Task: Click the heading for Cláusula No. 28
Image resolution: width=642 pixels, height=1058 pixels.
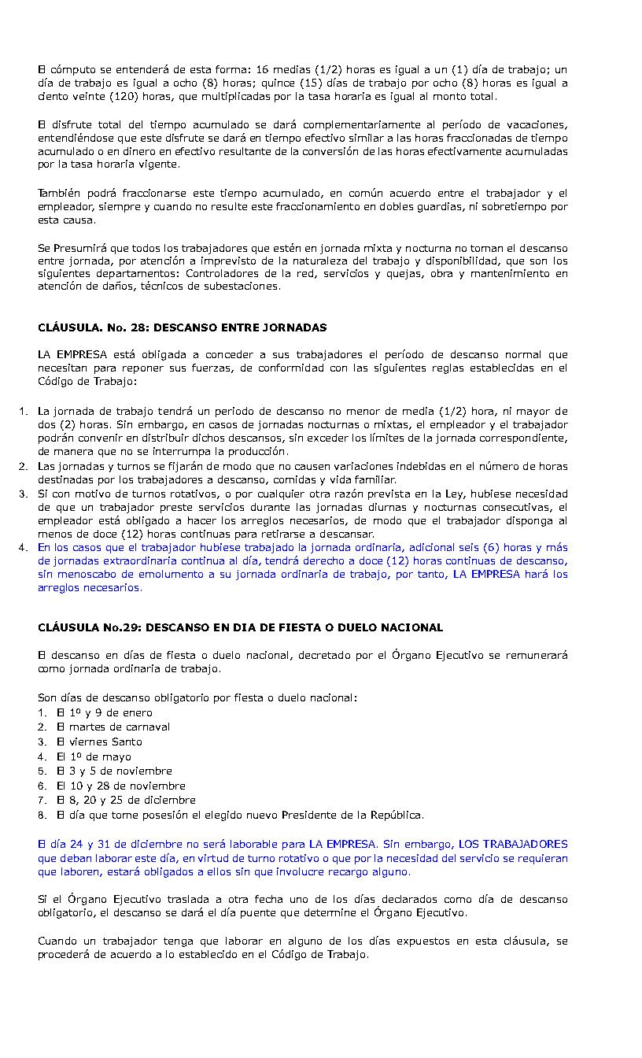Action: click(182, 327)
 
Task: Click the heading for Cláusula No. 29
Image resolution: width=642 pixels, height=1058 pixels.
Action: click(240, 627)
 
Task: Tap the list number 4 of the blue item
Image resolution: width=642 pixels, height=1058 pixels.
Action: click(23, 547)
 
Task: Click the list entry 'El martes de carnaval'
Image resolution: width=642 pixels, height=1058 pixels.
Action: click(113, 727)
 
